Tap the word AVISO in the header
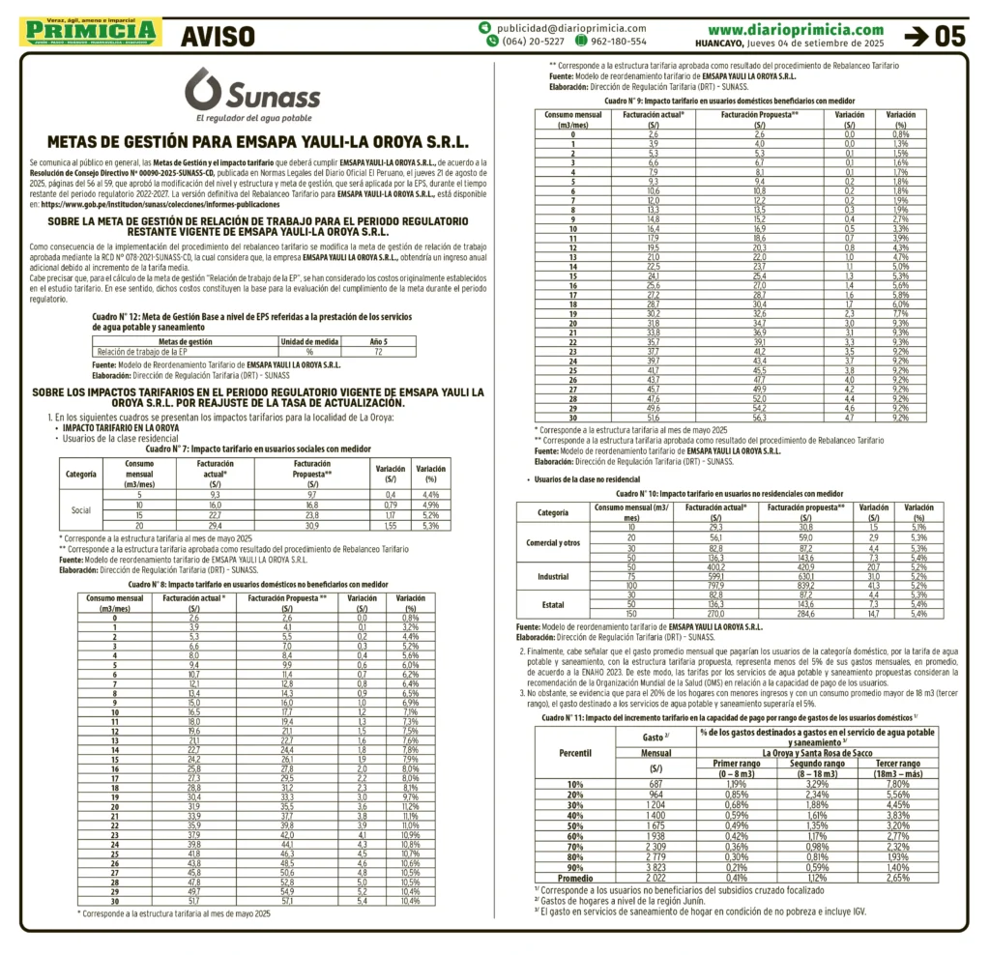218,36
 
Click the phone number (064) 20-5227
533,42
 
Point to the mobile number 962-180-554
618,42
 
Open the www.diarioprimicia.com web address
795,29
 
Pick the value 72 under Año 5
378,352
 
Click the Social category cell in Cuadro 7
81,510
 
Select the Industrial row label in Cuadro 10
553,577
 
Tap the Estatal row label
553,604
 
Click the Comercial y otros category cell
553,543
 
